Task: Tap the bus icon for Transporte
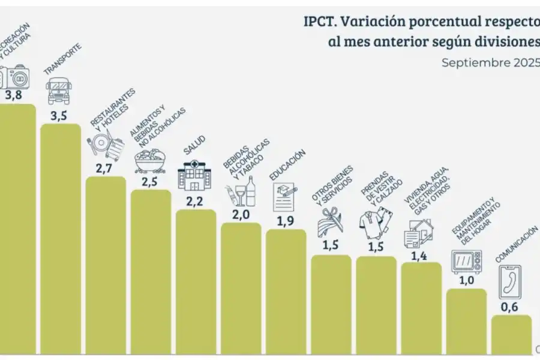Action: [x=58, y=91]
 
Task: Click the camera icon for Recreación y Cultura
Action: [x=18, y=78]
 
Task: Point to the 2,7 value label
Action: [x=104, y=169]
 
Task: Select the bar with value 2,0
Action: [x=241, y=288]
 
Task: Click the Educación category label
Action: [x=287, y=166]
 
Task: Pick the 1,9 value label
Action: [x=285, y=220]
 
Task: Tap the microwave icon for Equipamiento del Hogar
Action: [x=466, y=262]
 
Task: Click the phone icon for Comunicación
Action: [x=510, y=282]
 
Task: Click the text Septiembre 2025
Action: [x=490, y=62]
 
